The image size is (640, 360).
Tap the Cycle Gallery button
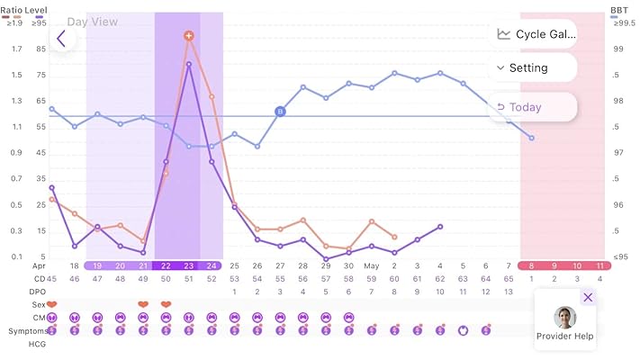pos(533,34)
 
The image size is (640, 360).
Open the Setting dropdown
pos(533,67)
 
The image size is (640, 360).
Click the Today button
pos(533,107)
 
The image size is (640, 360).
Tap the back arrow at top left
pos(61,39)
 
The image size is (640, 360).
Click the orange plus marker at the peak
pos(189,36)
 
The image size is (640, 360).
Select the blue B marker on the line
pos(280,112)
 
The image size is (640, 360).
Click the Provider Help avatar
pos(565,318)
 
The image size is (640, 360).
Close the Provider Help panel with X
pos(588,297)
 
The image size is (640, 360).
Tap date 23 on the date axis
pos(189,265)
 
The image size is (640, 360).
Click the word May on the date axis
pos(372,265)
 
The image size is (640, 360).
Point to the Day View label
pos(92,22)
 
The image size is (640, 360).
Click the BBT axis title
pos(619,10)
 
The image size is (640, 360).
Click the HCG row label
pos(38,344)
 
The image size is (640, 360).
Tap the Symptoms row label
pos(27,330)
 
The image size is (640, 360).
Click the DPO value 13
pos(509,292)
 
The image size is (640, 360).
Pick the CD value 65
pos(509,279)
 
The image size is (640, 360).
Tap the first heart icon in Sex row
pos(51,304)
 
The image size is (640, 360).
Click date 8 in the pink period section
pos(532,265)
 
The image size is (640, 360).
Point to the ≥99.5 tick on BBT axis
pos(619,22)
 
